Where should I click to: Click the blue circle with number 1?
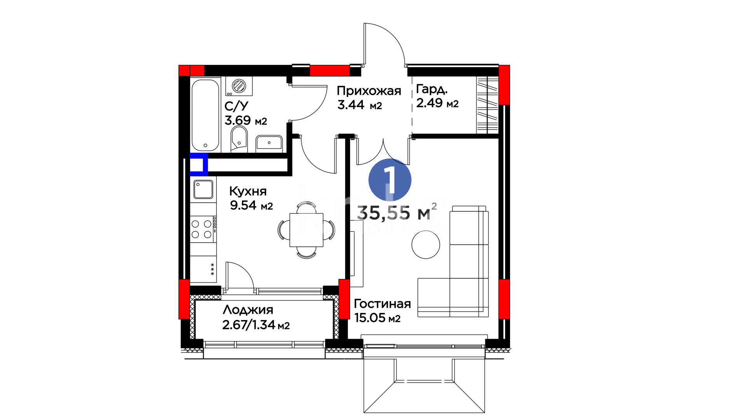[390, 180]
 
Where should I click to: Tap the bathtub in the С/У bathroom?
[206, 115]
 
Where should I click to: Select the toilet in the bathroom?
[239, 139]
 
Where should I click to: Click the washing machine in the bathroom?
[239, 86]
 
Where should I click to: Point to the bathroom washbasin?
[269, 143]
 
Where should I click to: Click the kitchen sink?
[203, 189]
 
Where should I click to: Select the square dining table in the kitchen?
[307, 230]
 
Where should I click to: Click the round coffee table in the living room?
[426, 244]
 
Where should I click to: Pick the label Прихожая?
[369, 91]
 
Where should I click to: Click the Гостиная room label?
[382, 304]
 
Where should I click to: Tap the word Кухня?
[248, 191]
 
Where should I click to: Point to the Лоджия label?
[248, 310]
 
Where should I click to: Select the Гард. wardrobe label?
[432, 89]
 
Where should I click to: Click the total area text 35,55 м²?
[397, 212]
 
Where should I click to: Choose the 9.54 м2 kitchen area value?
[251, 205]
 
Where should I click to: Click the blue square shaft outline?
[199, 164]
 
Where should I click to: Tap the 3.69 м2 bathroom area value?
[246, 120]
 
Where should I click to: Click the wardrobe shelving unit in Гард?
[488, 105]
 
